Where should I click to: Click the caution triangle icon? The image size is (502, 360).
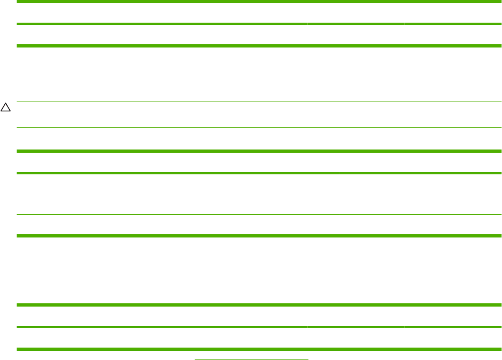(5, 108)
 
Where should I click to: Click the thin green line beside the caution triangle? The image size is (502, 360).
(259, 101)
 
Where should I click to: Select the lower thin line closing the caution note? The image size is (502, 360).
(259, 127)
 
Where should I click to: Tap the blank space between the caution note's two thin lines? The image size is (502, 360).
(259, 114)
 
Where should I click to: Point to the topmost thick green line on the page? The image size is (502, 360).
(259, 2)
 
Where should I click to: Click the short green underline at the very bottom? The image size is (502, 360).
(251, 358)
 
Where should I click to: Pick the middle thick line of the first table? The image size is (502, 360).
(259, 24)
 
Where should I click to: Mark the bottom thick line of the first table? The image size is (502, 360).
(259, 46)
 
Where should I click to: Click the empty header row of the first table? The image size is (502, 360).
(259, 13)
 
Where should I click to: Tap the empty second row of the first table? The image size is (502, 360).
(259, 35)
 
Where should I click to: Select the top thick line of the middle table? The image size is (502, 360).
(259, 151)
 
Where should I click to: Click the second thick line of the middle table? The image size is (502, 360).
(259, 173)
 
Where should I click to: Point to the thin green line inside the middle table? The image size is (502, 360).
(259, 215)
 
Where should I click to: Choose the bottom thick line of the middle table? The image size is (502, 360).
(259, 236)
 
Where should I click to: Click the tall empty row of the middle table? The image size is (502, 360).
(259, 194)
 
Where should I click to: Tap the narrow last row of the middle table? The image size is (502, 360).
(259, 225)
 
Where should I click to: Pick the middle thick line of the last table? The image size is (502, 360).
(259, 327)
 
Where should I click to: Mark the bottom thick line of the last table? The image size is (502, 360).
(259, 349)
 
